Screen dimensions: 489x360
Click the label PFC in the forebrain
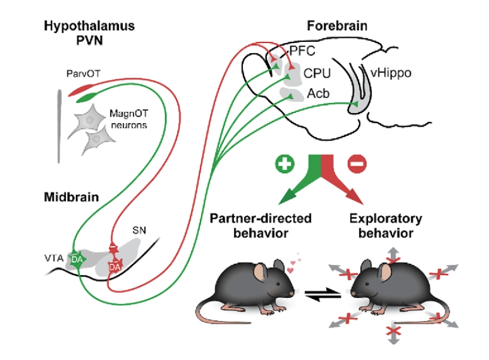pyautogui.click(x=302, y=51)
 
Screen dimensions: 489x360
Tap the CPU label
pyautogui.click(x=317, y=74)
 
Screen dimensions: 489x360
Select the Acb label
pyautogui.click(x=318, y=93)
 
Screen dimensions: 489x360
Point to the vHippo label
pyautogui.click(x=391, y=73)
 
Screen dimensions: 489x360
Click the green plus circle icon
pyautogui.click(x=284, y=164)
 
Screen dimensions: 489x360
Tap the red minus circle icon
pyautogui.click(x=357, y=164)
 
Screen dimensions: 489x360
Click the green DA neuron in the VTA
pyautogui.click(x=77, y=260)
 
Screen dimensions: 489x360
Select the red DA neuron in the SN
pyautogui.click(x=115, y=267)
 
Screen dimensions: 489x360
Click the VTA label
pyautogui.click(x=54, y=258)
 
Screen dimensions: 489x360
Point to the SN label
pyautogui.click(x=139, y=230)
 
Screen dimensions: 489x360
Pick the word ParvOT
pyautogui.click(x=83, y=74)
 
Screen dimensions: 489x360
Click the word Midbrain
pyautogui.click(x=71, y=197)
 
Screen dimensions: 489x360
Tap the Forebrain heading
pyautogui.click(x=337, y=26)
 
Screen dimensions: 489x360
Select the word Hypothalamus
pyautogui.click(x=89, y=26)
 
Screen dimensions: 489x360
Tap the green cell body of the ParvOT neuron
pyautogui.click(x=87, y=97)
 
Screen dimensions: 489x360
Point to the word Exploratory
pyautogui.click(x=386, y=218)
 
